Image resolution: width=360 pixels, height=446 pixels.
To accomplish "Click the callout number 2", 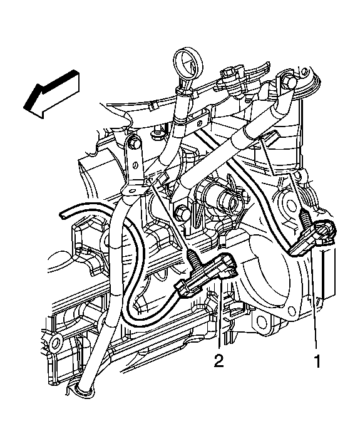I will tap(218, 361).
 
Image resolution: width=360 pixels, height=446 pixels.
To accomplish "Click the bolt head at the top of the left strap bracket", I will tap(133, 145).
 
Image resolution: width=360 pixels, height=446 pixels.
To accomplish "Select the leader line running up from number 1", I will tap(317, 301).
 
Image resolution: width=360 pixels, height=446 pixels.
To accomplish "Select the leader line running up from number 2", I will tap(219, 319).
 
